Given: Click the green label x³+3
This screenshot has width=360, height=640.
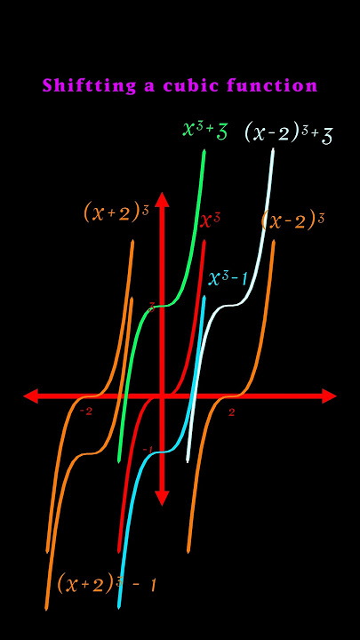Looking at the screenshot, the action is coord(205,131).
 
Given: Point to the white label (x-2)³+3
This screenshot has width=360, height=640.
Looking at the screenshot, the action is coord(289,133).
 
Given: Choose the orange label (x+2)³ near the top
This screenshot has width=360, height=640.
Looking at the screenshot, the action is coord(116,212).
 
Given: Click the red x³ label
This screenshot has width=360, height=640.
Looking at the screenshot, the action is coord(210,220).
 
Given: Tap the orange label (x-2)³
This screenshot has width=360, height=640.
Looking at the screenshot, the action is coord(292,220).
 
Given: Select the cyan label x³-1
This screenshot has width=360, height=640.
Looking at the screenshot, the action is coord(228,278).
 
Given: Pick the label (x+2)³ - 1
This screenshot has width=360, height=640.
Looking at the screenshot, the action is coord(107,582).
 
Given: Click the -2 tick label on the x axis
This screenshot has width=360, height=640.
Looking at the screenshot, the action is coord(86,412).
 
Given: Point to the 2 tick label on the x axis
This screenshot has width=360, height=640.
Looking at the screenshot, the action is coord(231,412).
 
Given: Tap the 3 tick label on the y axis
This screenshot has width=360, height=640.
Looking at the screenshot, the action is coord(151,308).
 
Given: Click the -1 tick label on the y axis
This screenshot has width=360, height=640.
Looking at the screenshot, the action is coord(148,450).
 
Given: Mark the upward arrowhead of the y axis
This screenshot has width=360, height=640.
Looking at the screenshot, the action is coord(162,200).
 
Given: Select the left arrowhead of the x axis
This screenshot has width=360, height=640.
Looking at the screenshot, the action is coord(30,396).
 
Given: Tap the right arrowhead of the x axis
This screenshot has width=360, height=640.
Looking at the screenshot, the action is coord(330,396).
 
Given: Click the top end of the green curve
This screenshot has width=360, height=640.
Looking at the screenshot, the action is coord(204,151).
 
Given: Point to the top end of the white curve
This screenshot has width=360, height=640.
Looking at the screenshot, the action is coord(273,150).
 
